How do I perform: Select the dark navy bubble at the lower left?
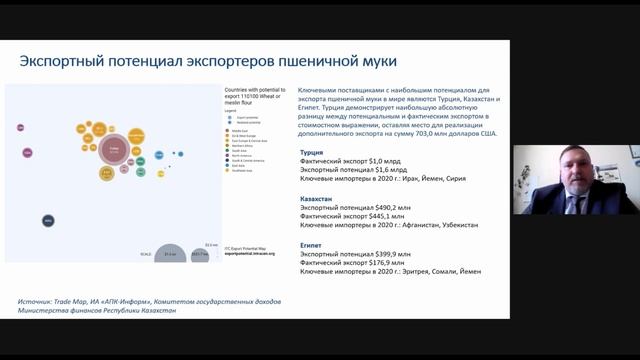tap(48, 220)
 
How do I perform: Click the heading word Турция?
tap(312, 153)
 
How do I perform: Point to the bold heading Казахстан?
tap(318, 199)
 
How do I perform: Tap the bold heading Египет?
tap(312, 244)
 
